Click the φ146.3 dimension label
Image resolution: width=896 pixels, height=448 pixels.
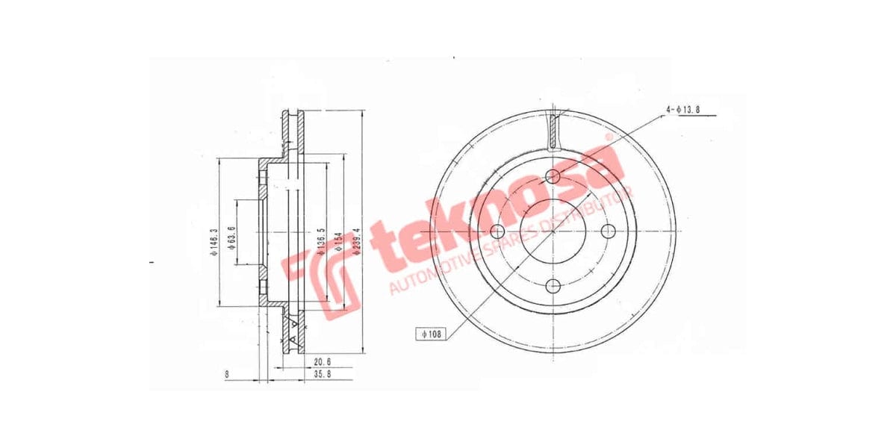[213, 243]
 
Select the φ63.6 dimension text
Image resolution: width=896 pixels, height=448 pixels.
[232, 234]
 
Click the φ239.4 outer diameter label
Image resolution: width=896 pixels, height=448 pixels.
[358, 241]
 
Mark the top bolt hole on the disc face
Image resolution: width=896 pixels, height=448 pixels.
[553, 176]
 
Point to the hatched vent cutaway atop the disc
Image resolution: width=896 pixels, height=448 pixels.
[553, 129]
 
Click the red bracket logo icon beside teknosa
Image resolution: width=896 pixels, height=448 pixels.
[322, 283]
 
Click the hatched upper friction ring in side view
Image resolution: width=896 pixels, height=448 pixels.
[293, 134]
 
